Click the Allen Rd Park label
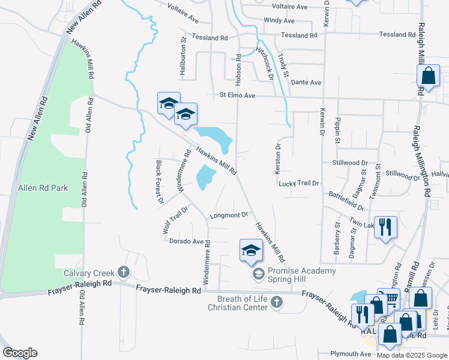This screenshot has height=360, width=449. [43, 188]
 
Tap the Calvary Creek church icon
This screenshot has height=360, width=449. [124, 273]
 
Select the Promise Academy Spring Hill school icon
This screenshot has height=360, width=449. [259, 274]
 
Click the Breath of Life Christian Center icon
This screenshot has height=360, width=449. [277, 302]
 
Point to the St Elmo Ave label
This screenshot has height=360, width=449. [237, 95]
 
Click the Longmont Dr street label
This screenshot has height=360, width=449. [228, 215]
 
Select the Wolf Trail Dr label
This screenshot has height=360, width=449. [175, 219]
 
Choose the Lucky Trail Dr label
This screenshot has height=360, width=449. [298, 183]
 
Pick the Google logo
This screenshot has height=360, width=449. [20, 353]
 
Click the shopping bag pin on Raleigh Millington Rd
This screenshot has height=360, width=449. [427, 77]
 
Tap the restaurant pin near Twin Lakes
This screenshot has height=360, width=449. [385, 227]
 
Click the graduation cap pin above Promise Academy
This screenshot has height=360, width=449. [251, 250]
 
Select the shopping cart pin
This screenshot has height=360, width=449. [390, 298]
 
